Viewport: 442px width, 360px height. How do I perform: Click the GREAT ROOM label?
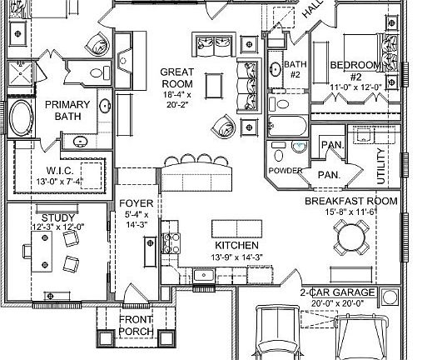[177, 77]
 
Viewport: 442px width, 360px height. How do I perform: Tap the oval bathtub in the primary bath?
[22, 117]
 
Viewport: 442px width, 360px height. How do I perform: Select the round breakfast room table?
[351, 237]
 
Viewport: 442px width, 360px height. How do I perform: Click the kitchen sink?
[204, 275]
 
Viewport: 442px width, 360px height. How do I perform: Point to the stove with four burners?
[171, 242]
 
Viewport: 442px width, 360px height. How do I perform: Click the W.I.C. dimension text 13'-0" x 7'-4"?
[60, 182]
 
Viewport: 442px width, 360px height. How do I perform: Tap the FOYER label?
[137, 203]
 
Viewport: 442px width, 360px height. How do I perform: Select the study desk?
[42, 252]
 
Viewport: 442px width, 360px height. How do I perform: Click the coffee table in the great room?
[214, 86]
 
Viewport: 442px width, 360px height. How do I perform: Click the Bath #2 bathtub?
[287, 126]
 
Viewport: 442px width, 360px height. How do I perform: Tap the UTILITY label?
[380, 166]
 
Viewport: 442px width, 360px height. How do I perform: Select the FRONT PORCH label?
[136, 325]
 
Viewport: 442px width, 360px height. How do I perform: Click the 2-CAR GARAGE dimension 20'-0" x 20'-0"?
[337, 303]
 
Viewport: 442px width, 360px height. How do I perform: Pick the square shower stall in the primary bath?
[20, 73]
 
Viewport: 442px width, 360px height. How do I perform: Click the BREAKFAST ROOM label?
[351, 201]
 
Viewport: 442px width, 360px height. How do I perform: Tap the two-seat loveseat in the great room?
[214, 44]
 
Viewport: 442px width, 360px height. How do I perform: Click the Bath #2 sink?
[276, 69]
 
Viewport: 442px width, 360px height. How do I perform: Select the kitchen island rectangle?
[236, 229]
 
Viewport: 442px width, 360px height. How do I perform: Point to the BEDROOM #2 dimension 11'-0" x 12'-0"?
[355, 87]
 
